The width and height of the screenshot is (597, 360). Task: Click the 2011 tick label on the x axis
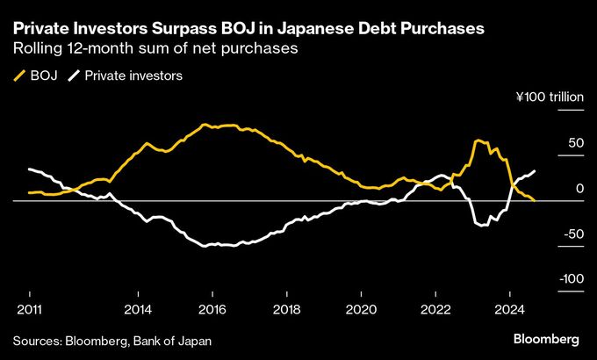click(29, 309)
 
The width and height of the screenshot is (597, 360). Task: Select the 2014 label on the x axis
click(137, 309)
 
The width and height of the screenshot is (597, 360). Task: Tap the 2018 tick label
click(286, 309)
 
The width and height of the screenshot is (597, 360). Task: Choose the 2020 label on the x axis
click(362, 309)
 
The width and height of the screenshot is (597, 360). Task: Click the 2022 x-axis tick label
click(436, 309)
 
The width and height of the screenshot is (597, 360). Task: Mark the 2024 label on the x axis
click(511, 309)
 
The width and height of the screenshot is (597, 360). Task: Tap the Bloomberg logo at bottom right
click(545, 339)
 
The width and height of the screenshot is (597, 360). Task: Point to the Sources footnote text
click(111, 340)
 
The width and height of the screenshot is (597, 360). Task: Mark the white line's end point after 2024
click(536, 170)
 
